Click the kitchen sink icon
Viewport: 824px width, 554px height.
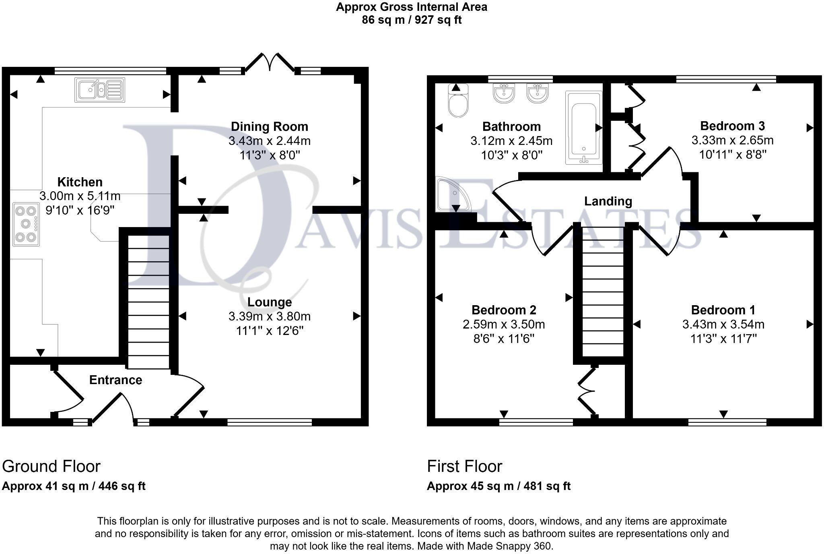pos(100,90)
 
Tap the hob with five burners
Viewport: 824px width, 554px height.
pos(26,224)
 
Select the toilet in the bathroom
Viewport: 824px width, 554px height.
pos(458,101)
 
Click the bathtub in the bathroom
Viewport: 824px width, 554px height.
pos(583,127)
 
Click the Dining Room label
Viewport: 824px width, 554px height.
pos(269,126)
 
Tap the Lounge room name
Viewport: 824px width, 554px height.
pos(269,302)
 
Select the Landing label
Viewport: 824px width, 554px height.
pos(608,201)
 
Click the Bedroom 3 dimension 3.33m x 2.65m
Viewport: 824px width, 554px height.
pos(732,140)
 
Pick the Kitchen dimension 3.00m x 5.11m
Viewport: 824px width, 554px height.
pos(80,196)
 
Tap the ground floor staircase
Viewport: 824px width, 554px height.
pos(148,302)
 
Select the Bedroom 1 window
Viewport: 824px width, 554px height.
pos(727,422)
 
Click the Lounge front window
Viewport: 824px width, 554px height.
pos(269,422)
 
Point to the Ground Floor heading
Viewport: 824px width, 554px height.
pos(51,466)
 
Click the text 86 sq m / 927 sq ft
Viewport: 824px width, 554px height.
pos(411,20)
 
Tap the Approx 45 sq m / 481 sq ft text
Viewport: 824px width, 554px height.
pos(499,486)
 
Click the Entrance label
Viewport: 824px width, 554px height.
pos(115,380)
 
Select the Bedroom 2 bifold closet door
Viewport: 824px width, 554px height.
pos(587,391)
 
